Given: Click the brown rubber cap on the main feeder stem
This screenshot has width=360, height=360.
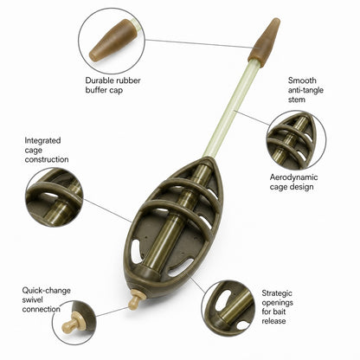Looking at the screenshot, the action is point(264,42).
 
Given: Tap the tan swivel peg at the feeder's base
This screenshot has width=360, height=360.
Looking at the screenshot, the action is point(134,299).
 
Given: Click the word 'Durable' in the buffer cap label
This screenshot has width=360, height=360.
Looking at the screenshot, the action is point(99,80).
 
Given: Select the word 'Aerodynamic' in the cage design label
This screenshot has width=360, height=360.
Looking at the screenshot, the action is point(293,177).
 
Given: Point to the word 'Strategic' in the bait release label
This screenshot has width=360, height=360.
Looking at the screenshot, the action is point(277,293).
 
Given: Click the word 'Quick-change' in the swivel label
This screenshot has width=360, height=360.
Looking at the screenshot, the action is point(46,291).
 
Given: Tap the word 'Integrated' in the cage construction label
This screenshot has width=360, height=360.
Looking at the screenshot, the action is point(42,141).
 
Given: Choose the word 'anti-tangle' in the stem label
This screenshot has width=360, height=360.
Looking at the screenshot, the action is point(305,90).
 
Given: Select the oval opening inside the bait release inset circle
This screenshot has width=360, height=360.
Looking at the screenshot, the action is point(222,300).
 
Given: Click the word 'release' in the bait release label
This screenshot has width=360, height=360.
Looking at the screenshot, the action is point(273,321).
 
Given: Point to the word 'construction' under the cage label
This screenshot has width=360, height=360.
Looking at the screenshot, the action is point(47,159).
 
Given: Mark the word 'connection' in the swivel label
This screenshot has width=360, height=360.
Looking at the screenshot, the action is point(42,309).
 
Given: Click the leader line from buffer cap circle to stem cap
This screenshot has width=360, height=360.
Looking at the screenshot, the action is point(199,43).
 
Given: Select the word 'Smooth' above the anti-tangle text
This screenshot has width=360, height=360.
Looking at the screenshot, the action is point(302,80).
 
